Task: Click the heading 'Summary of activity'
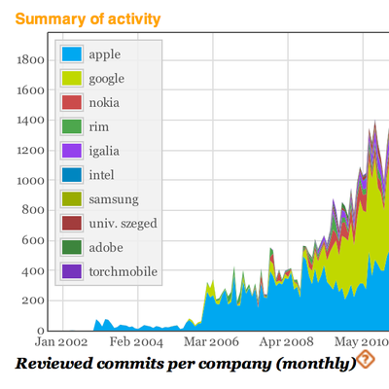tap(88, 18)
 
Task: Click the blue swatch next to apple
tap(71, 54)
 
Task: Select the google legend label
tap(107, 79)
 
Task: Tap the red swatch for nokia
tap(71, 103)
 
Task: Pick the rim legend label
tap(98, 126)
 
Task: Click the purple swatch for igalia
tap(71, 151)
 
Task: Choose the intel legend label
tap(102, 175)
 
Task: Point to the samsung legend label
tap(113, 199)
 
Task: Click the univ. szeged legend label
tap(123, 224)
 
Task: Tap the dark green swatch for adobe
tap(71, 247)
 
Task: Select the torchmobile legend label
tap(123, 271)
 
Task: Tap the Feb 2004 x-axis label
tap(135, 343)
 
